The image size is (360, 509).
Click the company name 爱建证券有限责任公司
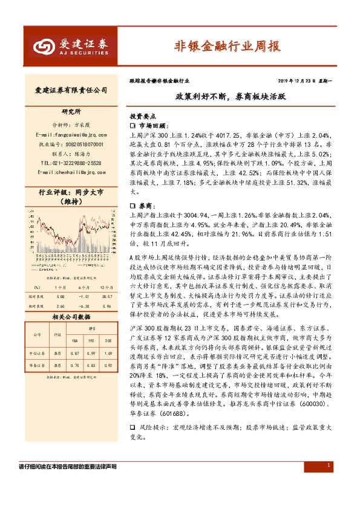[71, 90]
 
